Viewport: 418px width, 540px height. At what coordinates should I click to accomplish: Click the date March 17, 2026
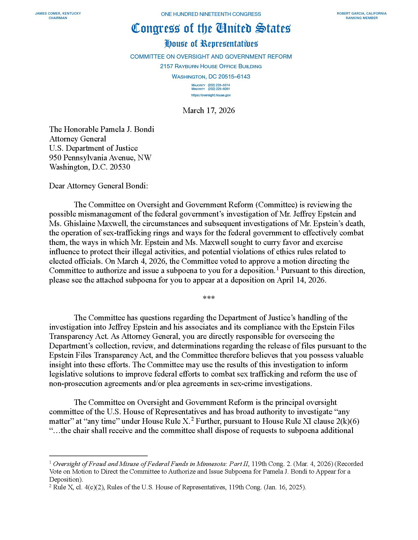[x=209, y=110]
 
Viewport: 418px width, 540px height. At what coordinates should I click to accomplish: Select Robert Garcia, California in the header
[x=361, y=14]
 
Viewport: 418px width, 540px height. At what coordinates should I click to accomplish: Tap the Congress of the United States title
[x=211, y=29]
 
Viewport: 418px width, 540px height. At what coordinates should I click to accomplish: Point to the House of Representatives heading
[x=211, y=44]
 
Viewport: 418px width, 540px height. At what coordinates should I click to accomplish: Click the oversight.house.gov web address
[x=211, y=95]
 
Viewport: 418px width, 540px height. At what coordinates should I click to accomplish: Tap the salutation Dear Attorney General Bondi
[x=98, y=186]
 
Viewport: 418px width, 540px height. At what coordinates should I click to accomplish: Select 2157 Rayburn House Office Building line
[x=211, y=66]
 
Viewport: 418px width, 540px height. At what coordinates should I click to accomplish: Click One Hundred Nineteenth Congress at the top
[x=211, y=14]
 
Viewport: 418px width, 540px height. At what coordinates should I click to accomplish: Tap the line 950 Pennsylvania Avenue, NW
[x=100, y=158]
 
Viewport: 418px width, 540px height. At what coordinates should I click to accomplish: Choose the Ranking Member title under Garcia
[x=361, y=18]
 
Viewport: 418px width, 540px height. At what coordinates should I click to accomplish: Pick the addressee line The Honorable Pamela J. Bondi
[x=102, y=129]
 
